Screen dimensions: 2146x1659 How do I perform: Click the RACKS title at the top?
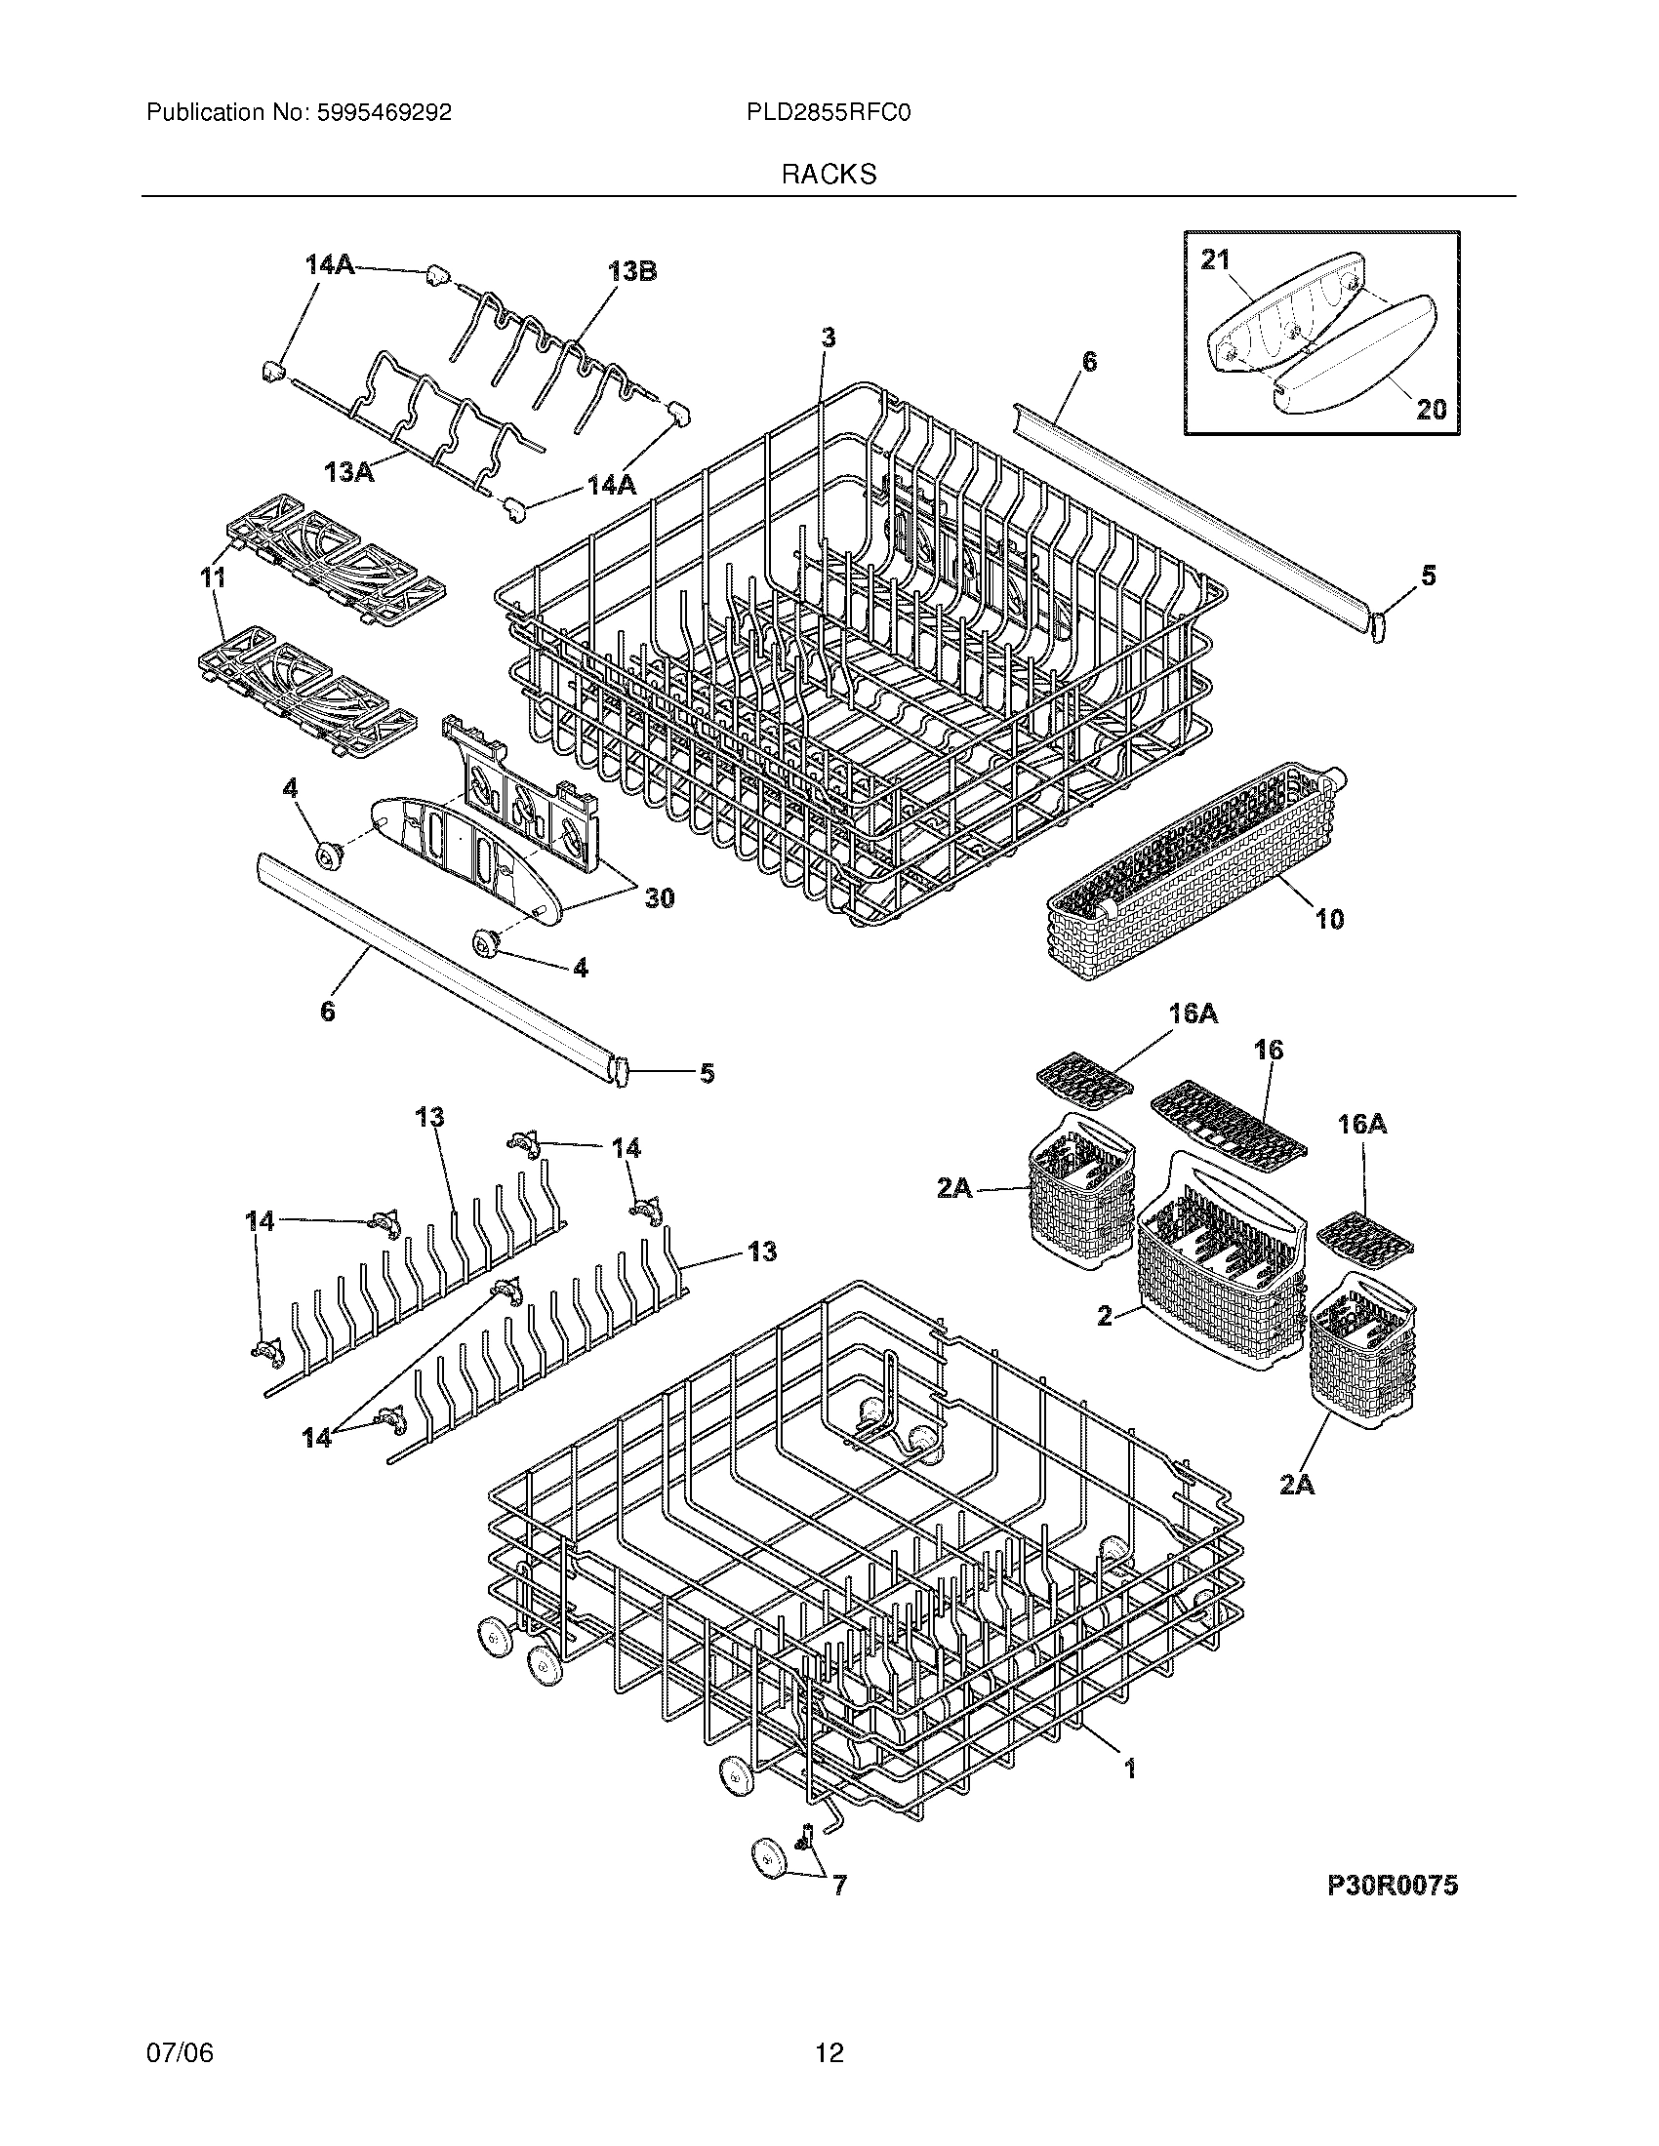pyautogui.click(x=829, y=175)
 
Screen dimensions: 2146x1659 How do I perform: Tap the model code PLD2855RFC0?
pyautogui.click(x=829, y=113)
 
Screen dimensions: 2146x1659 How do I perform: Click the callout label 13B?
pyautogui.click(x=632, y=272)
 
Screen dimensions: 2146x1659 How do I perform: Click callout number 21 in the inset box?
pyautogui.click(x=1215, y=259)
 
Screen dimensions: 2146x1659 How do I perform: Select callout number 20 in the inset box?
pyautogui.click(x=1431, y=408)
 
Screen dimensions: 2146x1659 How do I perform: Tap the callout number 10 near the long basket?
pyautogui.click(x=1329, y=919)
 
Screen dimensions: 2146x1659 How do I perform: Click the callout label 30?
pyautogui.click(x=659, y=897)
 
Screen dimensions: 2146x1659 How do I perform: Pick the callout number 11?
pyautogui.click(x=214, y=577)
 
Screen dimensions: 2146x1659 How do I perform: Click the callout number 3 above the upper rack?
pyautogui.click(x=829, y=338)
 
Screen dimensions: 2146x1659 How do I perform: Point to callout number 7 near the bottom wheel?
pyautogui.click(x=839, y=1885)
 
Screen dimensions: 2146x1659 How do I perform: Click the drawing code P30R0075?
pyautogui.click(x=1393, y=1885)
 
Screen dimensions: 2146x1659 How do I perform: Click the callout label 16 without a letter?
pyautogui.click(x=1269, y=1050)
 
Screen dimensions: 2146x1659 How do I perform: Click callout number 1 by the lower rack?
pyautogui.click(x=1129, y=1768)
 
